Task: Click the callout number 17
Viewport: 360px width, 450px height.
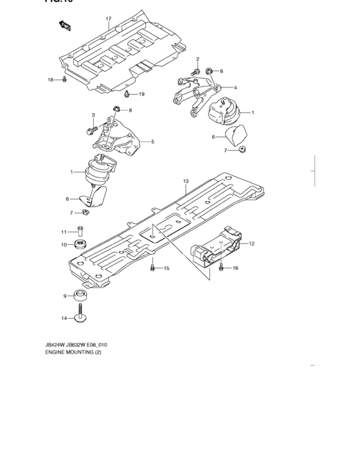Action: [109, 19]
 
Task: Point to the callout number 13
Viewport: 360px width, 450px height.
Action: [185, 182]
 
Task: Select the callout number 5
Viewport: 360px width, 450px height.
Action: [152, 141]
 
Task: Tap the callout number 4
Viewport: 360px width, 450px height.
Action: [235, 87]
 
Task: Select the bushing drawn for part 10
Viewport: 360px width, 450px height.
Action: [82, 245]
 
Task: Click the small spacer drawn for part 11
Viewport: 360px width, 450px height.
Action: [79, 231]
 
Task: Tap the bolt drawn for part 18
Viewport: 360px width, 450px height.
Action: [66, 80]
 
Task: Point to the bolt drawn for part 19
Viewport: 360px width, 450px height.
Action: [127, 94]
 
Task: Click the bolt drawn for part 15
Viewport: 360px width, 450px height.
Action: [152, 267]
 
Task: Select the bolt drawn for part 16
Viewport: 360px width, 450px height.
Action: [221, 267]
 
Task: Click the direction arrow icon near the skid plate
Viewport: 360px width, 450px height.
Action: [65, 26]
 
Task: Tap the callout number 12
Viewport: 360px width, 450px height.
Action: [252, 244]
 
